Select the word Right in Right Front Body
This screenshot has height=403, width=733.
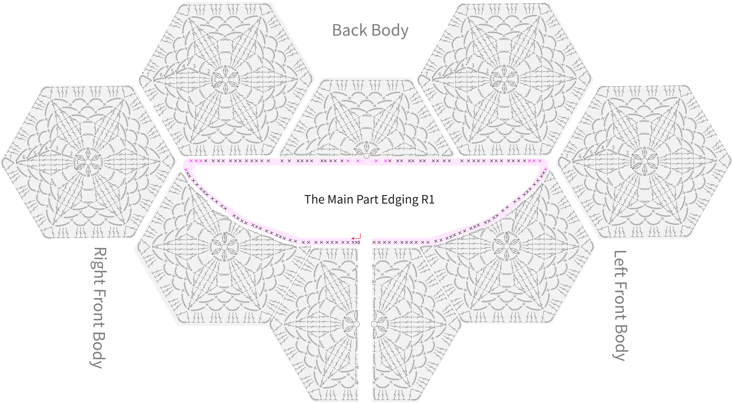[x=98, y=262]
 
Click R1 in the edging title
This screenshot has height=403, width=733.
[x=428, y=199]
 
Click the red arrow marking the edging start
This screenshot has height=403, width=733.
[x=356, y=238]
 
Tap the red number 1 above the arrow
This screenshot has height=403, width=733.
[x=360, y=235]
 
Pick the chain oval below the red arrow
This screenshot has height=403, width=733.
[x=359, y=242]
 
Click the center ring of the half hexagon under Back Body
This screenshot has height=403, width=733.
[x=366, y=156]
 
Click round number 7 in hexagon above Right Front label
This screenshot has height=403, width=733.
[x=11, y=157]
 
